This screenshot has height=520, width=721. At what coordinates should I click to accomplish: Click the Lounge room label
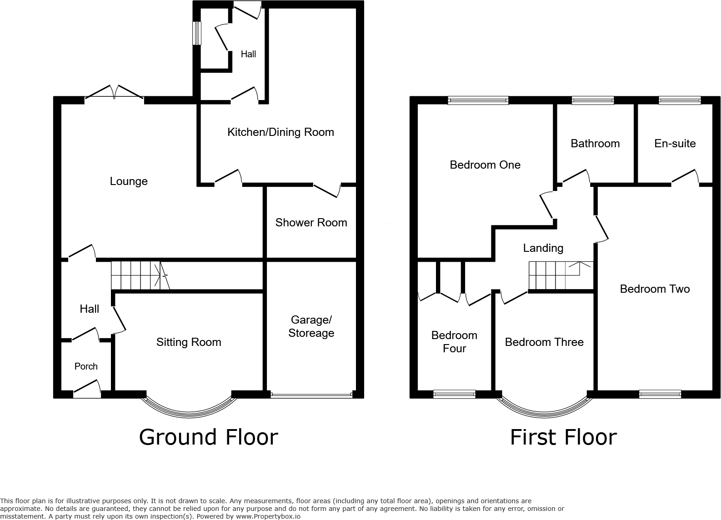pos(129,181)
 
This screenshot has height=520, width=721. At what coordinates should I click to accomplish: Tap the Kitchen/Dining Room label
pos(280,132)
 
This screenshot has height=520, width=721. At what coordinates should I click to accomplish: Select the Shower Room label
pos(311,222)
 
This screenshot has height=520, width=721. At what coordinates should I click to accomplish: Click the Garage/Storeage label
pos(311,326)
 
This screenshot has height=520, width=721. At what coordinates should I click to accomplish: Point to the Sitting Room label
pos(189,342)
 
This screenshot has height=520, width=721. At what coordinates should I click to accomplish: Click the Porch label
pos(86,366)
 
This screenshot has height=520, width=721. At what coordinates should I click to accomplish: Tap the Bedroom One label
pos(485,165)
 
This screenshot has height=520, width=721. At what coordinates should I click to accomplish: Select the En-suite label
pos(675,144)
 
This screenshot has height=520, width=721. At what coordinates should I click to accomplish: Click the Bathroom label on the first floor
pos(595,144)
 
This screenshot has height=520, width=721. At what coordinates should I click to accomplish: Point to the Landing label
pos(543,248)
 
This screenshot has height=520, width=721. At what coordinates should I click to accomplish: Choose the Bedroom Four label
pos(454,342)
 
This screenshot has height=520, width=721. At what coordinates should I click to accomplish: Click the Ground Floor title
pos(208,437)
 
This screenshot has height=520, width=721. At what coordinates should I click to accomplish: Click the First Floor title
pos(563,437)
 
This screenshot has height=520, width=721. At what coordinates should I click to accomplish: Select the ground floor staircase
pos(139,275)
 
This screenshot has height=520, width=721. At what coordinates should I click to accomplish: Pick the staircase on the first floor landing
pos(560,275)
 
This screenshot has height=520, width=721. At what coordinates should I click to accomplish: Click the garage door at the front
pos(311,395)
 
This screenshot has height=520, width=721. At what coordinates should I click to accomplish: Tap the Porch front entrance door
pos(87,390)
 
